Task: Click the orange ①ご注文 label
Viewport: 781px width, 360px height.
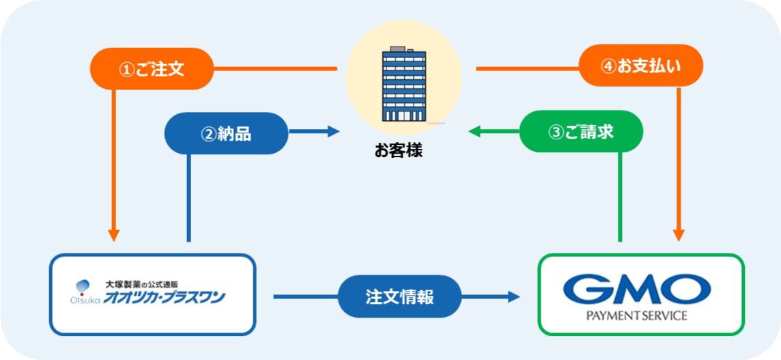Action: click(152, 69)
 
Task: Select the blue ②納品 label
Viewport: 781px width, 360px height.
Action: click(226, 133)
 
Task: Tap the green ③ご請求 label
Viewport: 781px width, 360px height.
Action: click(581, 132)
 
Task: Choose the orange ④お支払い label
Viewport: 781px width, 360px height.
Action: click(640, 66)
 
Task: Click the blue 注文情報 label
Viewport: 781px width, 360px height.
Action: click(399, 297)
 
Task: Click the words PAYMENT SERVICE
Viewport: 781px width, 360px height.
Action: click(636, 316)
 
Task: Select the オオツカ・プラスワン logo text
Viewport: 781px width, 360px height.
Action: click(164, 298)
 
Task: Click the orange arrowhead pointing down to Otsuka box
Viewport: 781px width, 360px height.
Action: click(114, 235)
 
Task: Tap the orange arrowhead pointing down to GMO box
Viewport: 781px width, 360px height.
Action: click(679, 235)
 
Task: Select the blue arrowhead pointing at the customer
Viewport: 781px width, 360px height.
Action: click(333, 132)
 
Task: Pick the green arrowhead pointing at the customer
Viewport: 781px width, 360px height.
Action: click(474, 131)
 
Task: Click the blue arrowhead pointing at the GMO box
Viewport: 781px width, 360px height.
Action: click(513, 296)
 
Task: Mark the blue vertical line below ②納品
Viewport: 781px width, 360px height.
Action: click(189, 198)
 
